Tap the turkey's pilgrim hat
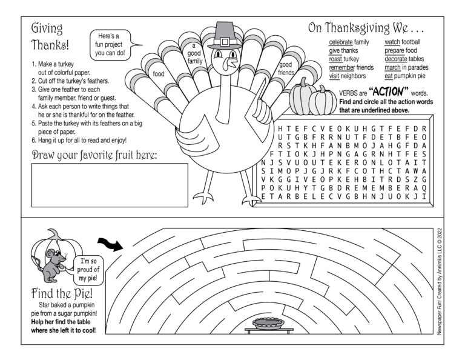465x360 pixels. (223, 36)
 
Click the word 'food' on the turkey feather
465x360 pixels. (159, 74)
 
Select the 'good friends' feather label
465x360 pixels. (286, 68)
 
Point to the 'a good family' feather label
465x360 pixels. (194, 53)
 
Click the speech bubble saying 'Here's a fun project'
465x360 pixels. (113, 44)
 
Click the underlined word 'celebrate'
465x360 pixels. (341, 42)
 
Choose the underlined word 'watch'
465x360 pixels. (392, 42)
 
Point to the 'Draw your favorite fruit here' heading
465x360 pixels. (94, 156)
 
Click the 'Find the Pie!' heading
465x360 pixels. (58, 293)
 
